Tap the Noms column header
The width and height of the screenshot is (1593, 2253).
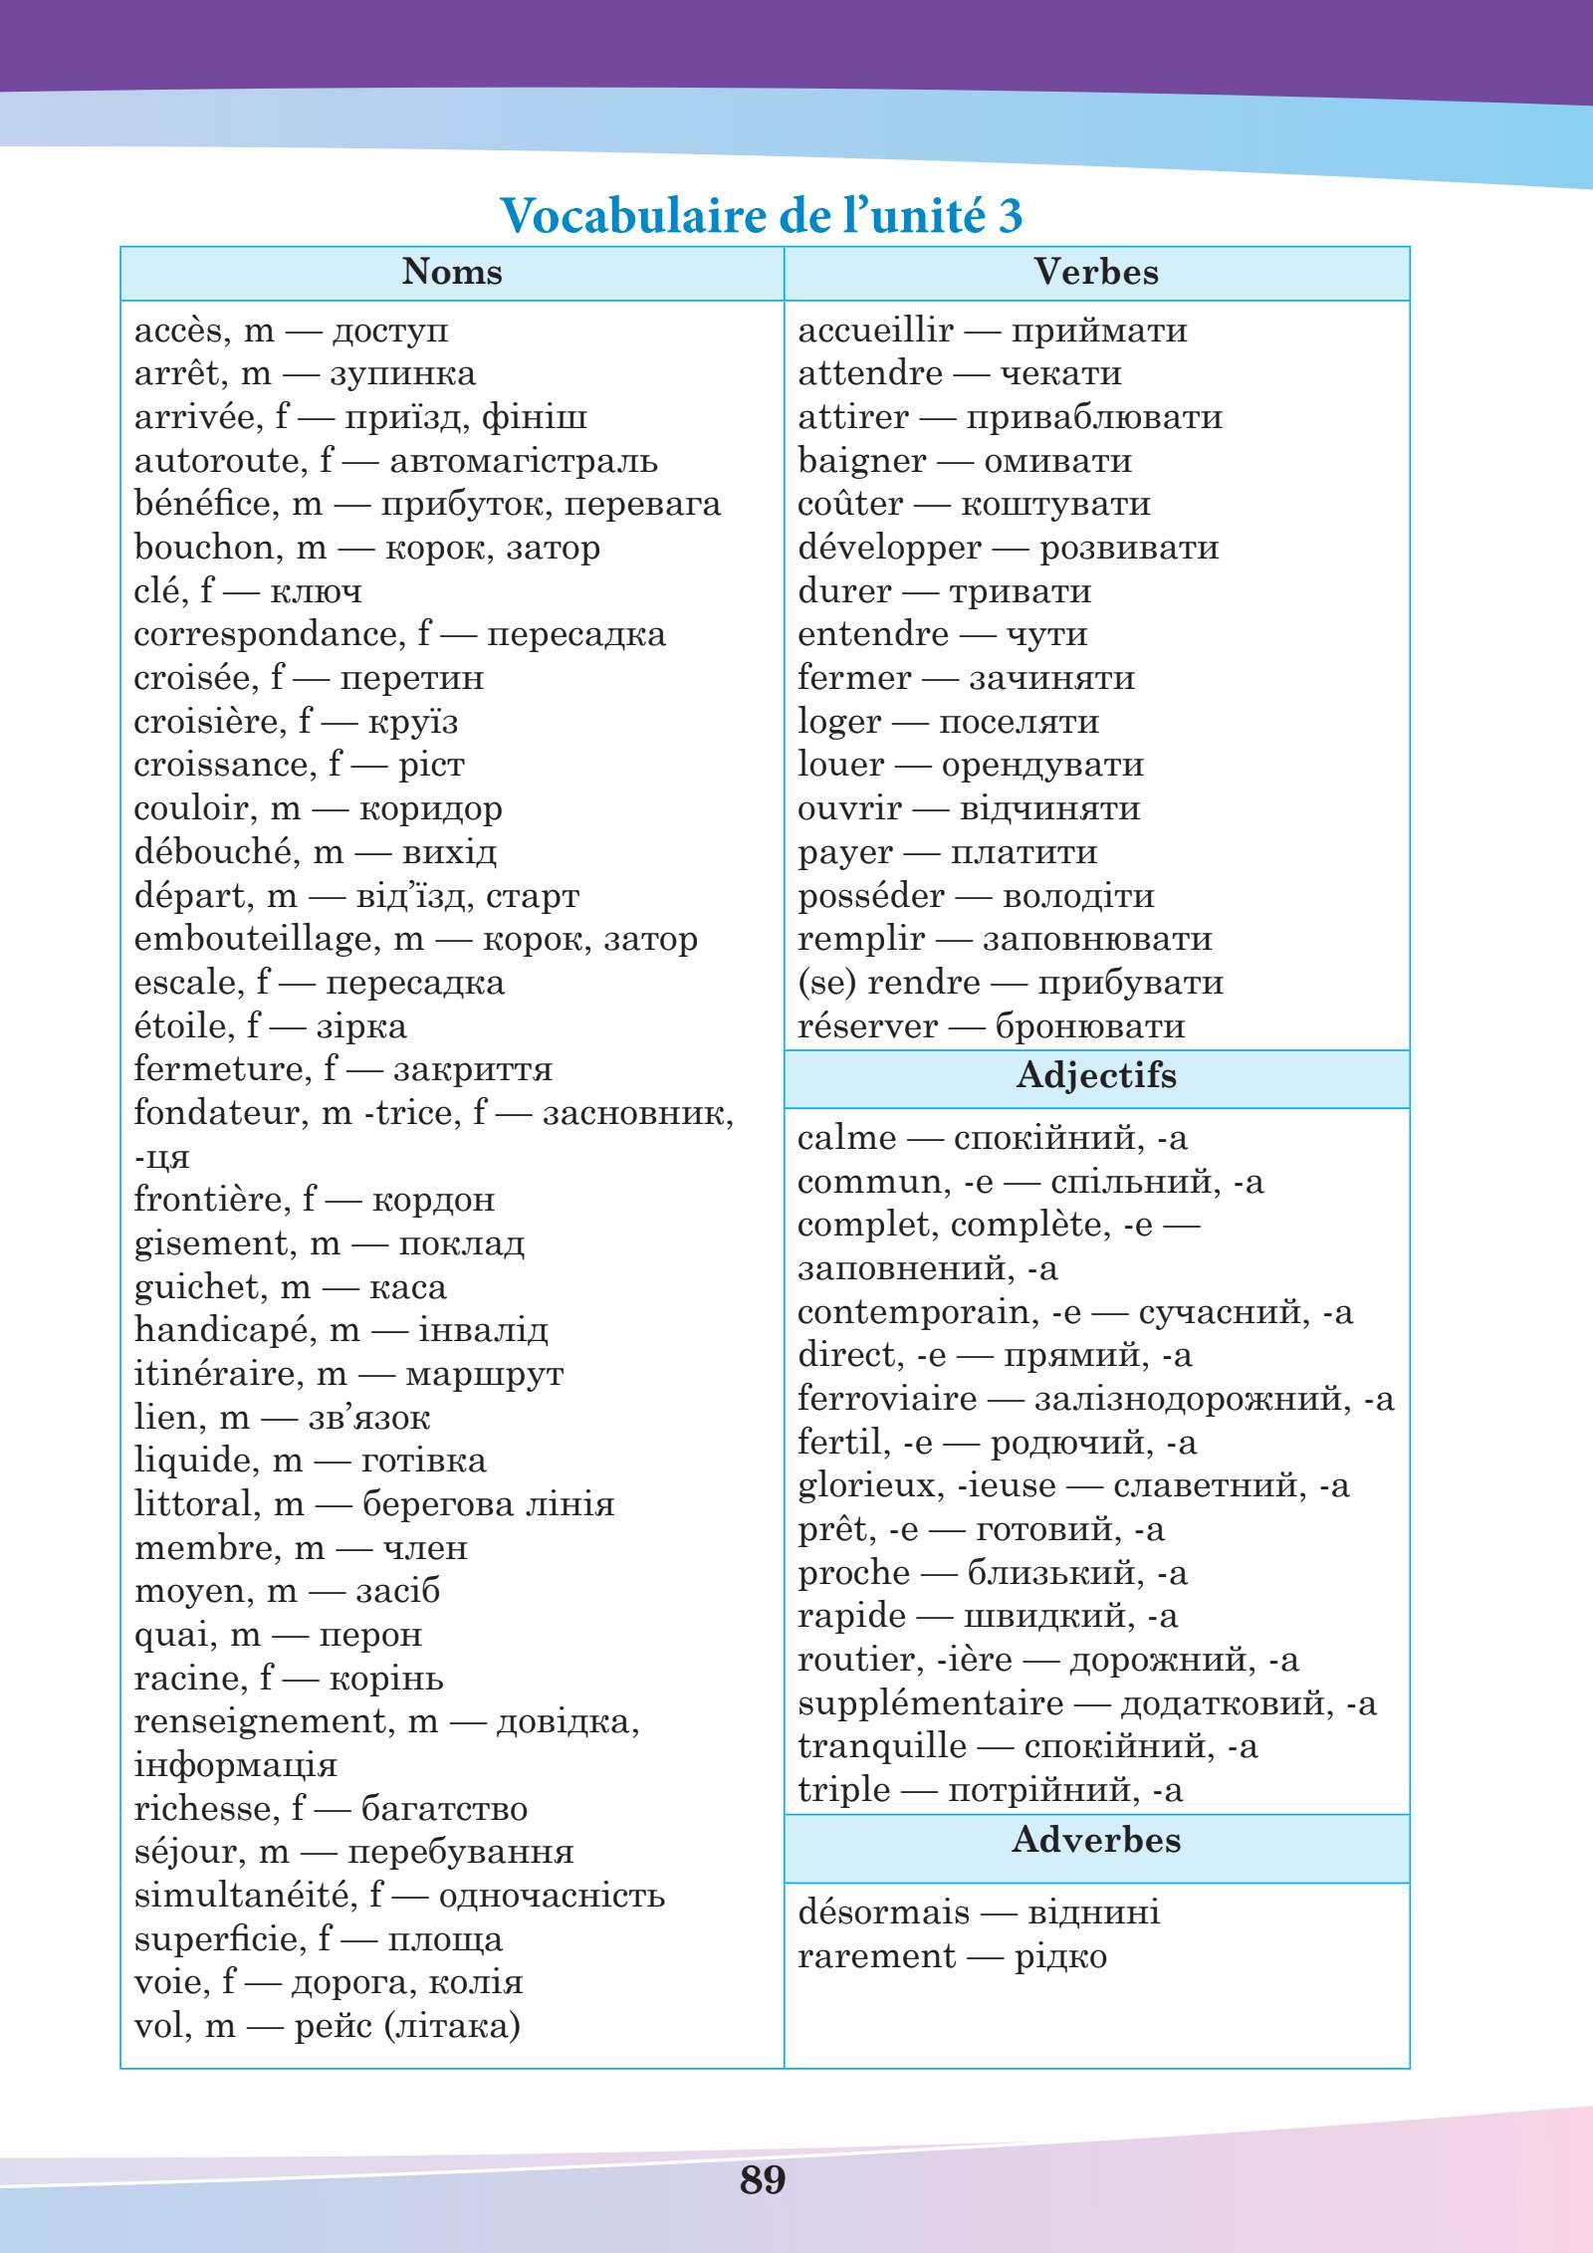pyautogui.click(x=452, y=272)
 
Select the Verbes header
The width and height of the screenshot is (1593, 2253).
pyautogui.click(x=1096, y=272)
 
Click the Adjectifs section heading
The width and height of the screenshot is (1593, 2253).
pyautogui.click(x=1096, y=1075)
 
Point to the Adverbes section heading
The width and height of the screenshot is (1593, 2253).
pyautogui.click(x=1096, y=1839)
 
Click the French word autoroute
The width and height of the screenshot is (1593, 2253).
pyautogui.click(x=216, y=461)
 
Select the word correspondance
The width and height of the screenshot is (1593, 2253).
pyautogui.click(x=264, y=634)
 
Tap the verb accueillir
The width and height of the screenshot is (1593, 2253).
pyautogui.click(x=875, y=331)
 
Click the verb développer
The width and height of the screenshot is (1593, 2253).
pyautogui.click(x=889, y=549)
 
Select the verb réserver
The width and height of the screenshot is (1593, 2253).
pyautogui.click(x=867, y=1026)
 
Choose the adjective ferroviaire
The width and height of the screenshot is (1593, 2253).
pyautogui.click(x=886, y=1399)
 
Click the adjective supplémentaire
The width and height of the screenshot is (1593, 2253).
pyautogui.click(x=930, y=1703)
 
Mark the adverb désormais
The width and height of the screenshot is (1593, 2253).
pyautogui.click(x=883, y=1913)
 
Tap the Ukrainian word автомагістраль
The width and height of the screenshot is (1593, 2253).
pyautogui.click(x=523, y=461)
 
